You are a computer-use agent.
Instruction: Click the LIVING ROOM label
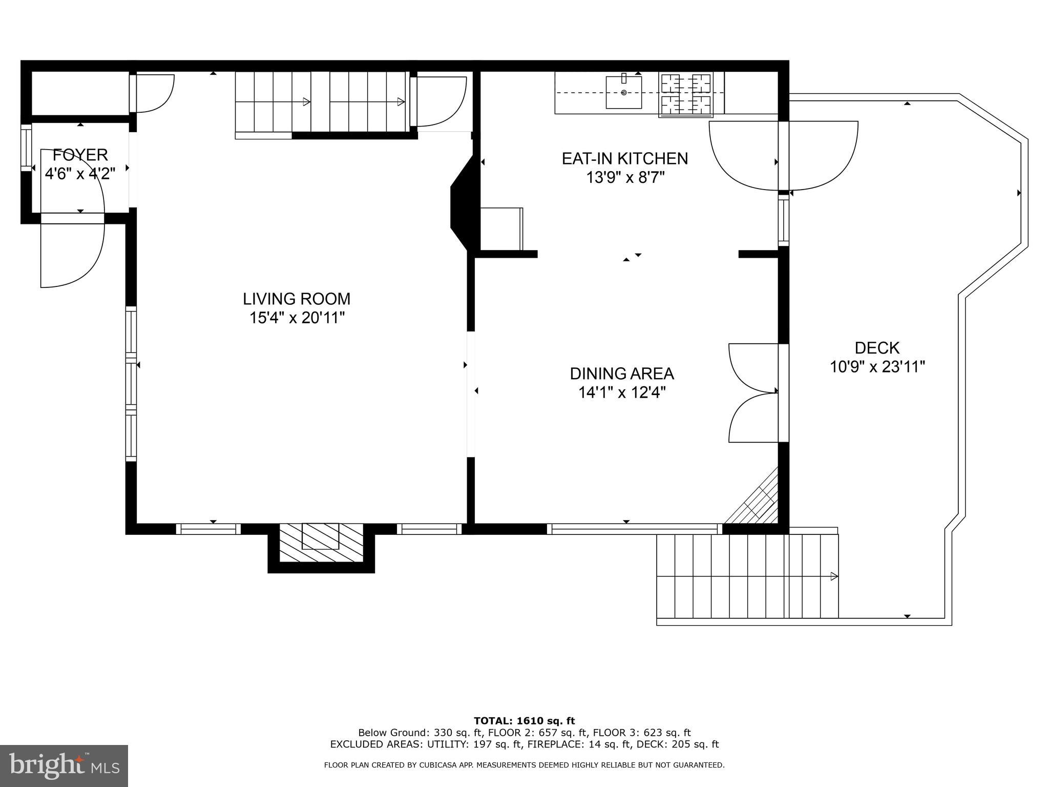click(297, 299)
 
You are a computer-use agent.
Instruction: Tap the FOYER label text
click(80, 155)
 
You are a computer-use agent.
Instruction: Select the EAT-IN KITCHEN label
click(624, 158)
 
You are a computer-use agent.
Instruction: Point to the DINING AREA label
click(622, 374)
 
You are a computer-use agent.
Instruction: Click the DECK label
click(877, 348)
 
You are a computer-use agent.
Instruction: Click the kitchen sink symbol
click(623, 92)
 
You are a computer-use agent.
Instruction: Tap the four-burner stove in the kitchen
click(685, 94)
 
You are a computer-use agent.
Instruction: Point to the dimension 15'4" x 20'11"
click(297, 318)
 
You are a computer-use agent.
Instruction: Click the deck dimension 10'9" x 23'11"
click(877, 367)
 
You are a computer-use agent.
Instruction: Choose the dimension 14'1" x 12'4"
click(622, 393)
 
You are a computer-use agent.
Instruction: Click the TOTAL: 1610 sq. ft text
click(524, 721)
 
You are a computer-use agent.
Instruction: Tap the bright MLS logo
click(64, 765)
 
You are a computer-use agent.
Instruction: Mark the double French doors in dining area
click(753, 392)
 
